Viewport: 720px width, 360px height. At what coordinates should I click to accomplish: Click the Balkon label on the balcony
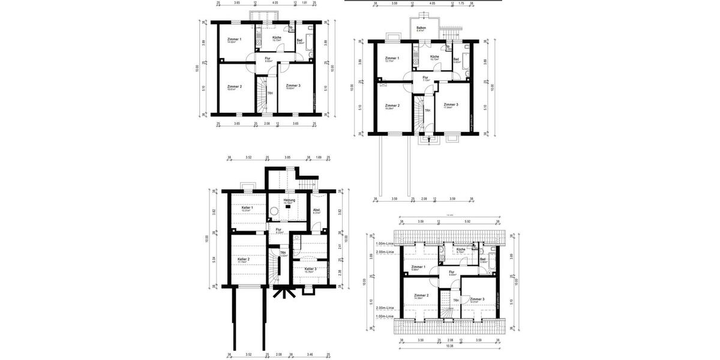tap(421, 28)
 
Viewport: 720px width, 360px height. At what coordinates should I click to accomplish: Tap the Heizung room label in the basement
tap(289, 200)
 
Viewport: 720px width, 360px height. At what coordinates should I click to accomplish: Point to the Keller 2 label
tap(243, 259)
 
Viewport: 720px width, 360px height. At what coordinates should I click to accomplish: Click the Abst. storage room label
tap(316, 210)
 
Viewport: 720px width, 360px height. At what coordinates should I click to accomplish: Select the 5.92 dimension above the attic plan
tap(467, 221)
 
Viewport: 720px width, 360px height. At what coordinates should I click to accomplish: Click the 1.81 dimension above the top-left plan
tap(305, 3)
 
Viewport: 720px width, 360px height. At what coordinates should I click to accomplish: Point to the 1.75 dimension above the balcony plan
tap(461, 3)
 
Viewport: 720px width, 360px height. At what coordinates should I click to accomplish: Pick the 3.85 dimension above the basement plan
tap(287, 158)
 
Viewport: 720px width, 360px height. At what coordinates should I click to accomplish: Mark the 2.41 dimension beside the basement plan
tap(340, 246)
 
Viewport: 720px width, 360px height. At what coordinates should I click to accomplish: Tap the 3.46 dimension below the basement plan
tap(309, 355)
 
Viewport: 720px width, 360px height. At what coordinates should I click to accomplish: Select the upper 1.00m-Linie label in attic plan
tap(384, 244)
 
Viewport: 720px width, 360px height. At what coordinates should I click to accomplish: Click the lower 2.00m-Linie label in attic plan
tap(384, 307)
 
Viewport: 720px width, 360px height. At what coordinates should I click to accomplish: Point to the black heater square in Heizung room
tap(288, 207)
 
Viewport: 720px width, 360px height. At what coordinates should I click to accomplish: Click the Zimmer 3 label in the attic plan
tap(477, 298)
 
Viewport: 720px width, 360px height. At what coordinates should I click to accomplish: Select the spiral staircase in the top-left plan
tap(261, 94)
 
